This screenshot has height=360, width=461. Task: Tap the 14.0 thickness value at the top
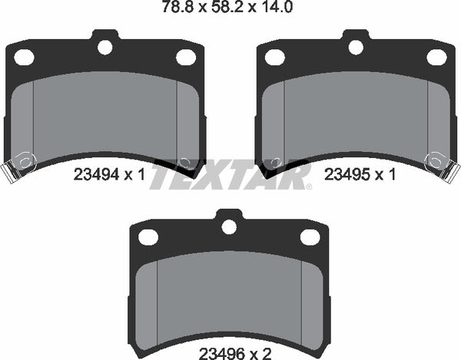click(x=277, y=8)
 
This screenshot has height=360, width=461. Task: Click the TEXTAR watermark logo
click(x=230, y=175)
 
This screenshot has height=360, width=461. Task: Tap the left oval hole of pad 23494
click(x=25, y=57)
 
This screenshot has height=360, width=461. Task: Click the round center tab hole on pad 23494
click(x=104, y=47)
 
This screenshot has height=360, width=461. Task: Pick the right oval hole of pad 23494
click(x=185, y=57)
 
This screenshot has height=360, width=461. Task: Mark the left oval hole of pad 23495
click(x=275, y=57)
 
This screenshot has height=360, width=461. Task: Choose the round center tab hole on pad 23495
click(x=355, y=47)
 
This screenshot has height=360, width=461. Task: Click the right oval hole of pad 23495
click(x=436, y=57)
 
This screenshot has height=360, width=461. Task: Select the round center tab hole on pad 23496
click(x=229, y=227)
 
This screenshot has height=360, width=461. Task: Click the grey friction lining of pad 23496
click(x=229, y=292)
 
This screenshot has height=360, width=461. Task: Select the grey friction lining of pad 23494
click(x=104, y=115)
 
